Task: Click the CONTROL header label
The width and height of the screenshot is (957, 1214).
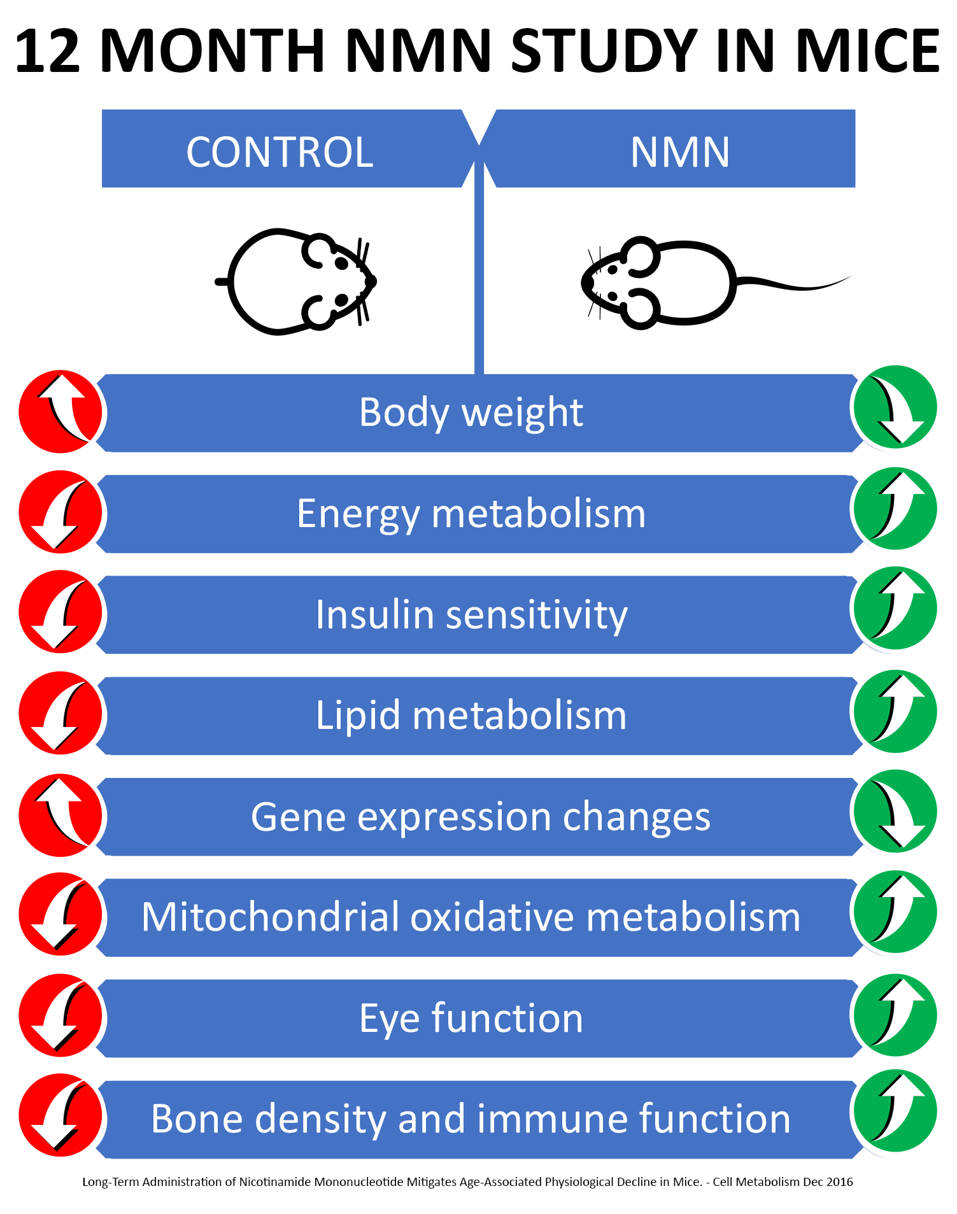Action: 280,152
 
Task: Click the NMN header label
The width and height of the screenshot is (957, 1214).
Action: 679,152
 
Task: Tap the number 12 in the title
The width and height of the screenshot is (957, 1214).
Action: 48,51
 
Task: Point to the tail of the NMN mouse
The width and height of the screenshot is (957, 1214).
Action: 796,285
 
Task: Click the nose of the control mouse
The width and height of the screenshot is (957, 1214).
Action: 371,281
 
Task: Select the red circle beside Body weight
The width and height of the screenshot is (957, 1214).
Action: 60,411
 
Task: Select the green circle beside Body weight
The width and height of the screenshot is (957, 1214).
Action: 895,407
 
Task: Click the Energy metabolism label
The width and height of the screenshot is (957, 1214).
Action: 471,513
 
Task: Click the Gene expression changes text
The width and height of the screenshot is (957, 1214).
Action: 480,816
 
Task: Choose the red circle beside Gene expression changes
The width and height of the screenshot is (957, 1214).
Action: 60,815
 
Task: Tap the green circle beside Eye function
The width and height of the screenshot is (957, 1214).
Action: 895,1014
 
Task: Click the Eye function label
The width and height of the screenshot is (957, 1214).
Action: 471,1018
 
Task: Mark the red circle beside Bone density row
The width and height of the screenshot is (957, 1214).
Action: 60,1115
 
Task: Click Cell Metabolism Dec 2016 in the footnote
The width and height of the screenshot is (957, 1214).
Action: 783,1182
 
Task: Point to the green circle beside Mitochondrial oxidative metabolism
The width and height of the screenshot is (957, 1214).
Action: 895,912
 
